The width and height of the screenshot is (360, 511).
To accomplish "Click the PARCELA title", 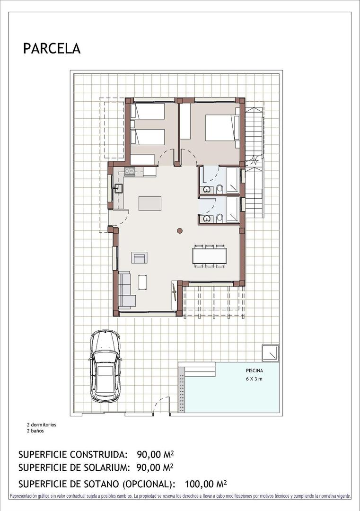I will pos(52,48).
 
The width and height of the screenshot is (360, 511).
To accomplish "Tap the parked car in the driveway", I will pos(105,366).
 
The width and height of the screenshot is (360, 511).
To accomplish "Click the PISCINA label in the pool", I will pos(254,371).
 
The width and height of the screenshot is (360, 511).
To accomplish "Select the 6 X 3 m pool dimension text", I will pos(254,379).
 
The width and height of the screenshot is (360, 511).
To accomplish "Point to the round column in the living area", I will pos(180,231).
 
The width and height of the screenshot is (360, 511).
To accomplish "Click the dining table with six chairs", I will pos(210,256).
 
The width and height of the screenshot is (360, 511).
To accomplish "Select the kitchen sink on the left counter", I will pos(117,189).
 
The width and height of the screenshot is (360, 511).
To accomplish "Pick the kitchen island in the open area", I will pos(149,203).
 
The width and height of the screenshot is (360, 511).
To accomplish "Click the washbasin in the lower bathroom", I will pos(206,219).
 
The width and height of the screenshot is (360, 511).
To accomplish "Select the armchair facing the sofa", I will pos(140,257).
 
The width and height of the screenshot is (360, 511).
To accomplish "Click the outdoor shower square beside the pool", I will pos(271,352).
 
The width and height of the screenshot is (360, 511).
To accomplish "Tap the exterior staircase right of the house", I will pos(254,161).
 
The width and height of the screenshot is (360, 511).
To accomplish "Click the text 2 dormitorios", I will pos(42,425).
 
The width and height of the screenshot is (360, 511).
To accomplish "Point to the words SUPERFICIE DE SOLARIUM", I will pos(73,468).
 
